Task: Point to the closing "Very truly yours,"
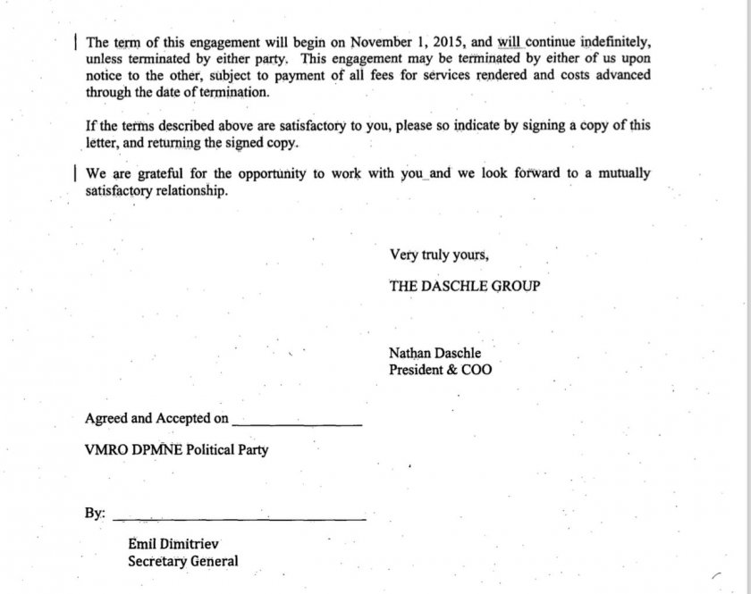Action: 439,255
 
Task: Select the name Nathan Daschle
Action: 435,354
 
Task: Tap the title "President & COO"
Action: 440,370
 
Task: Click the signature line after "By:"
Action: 240,516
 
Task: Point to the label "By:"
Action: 95,514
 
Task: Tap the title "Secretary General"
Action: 183,562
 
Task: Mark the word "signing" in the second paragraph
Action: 509,126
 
